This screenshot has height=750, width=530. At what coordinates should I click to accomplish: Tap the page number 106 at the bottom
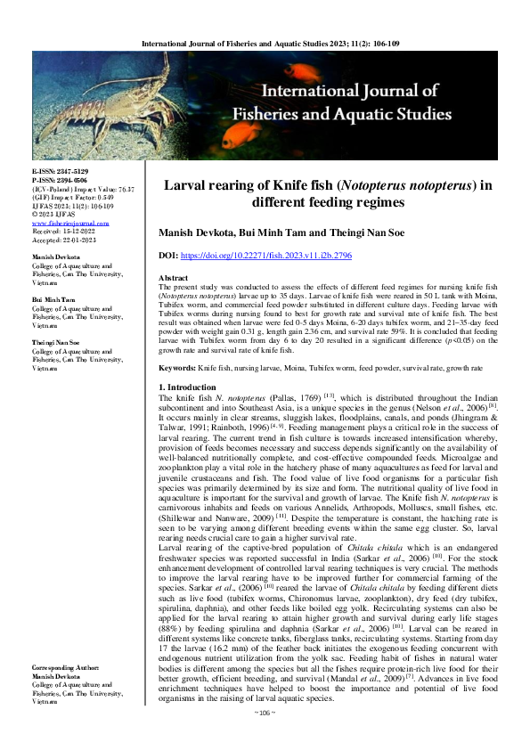click(x=265, y=738)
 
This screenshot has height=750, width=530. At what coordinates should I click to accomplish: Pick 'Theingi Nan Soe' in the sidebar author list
click(x=56, y=317)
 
